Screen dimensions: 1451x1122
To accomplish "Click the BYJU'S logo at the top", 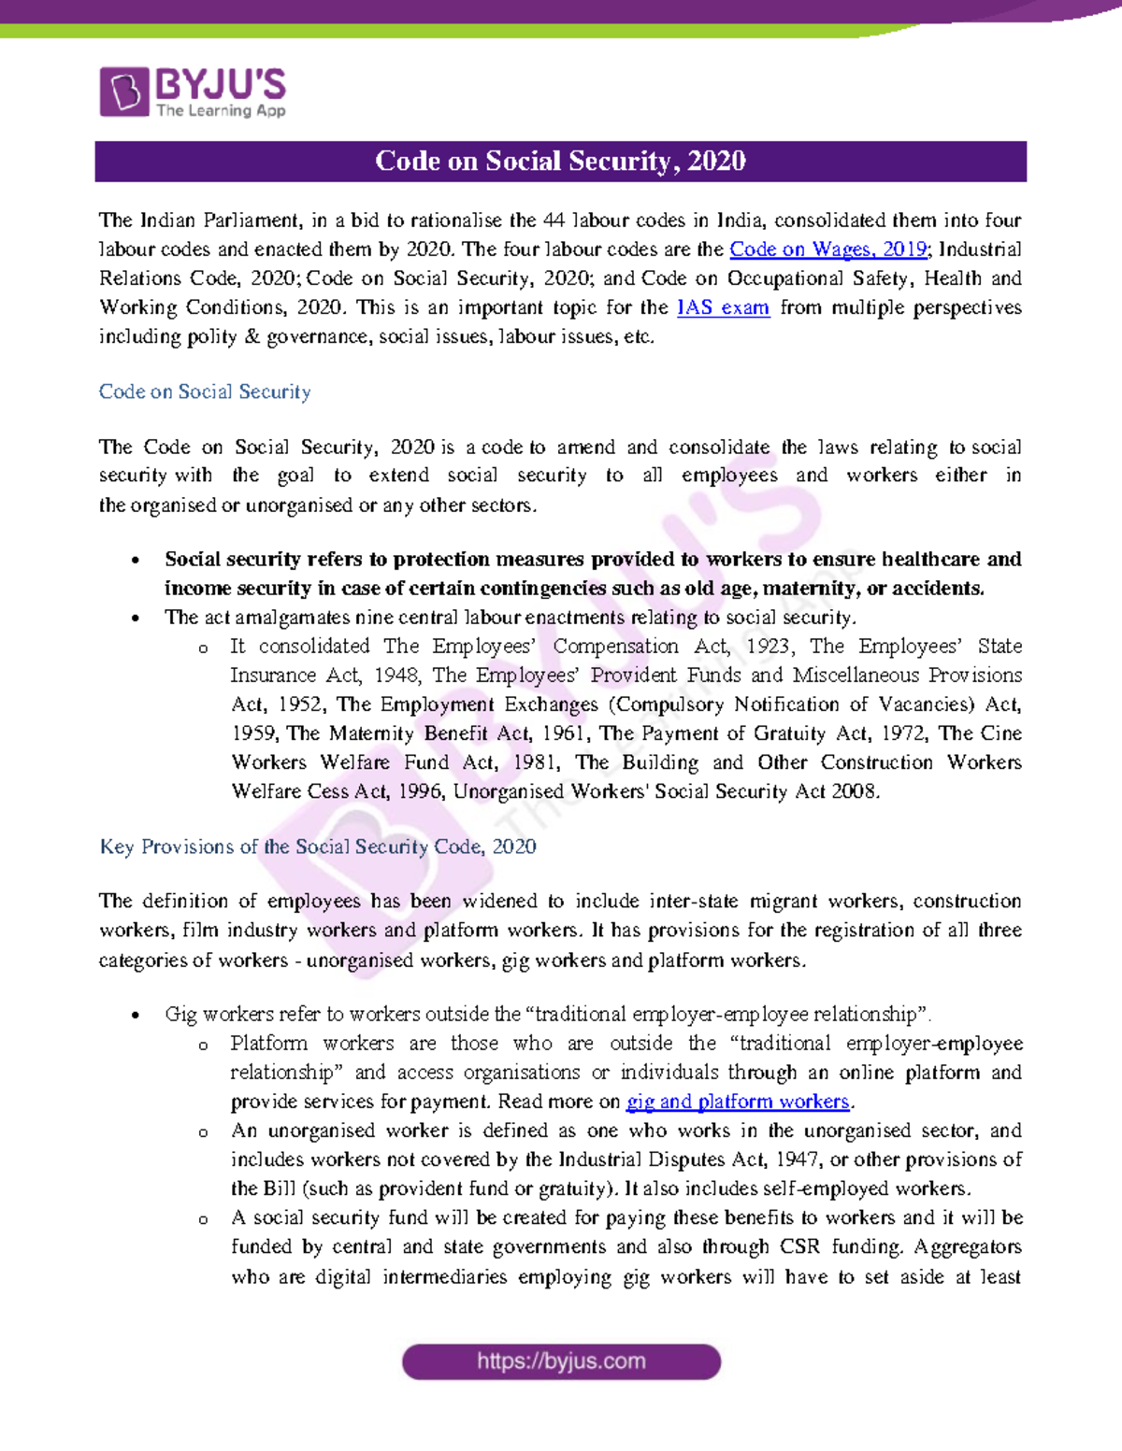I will click(193, 92).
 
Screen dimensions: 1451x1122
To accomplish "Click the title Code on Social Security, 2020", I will click(560, 162).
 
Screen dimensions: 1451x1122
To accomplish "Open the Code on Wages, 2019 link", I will click(827, 249).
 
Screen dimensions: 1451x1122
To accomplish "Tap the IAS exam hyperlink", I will click(723, 307).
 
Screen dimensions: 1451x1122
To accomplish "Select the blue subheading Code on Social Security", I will click(205, 391).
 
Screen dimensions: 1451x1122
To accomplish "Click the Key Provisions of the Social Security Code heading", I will click(318, 846).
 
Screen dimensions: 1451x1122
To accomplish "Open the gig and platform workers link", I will click(738, 1102).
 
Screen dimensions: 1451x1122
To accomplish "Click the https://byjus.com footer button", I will click(561, 1361).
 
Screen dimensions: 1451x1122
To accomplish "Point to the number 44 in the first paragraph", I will click(554, 220).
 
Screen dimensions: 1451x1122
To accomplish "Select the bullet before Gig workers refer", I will click(137, 1016).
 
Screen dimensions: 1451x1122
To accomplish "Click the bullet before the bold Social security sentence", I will click(137, 561).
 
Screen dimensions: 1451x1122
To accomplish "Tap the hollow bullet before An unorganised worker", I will click(203, 1132).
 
